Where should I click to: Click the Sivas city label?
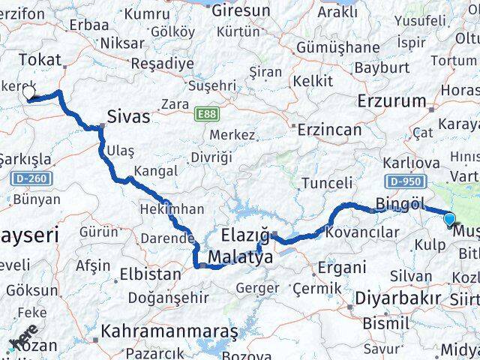point(128,117)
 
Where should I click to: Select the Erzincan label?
point(329,130)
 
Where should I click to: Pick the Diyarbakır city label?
point(397,298)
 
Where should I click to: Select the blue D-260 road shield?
point(28,178)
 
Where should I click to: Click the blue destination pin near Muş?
point(449,219)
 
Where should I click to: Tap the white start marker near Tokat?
point(29,92)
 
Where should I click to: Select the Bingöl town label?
point(400,203)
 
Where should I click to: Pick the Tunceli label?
point(327,182)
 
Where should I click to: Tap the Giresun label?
point(240,11)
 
